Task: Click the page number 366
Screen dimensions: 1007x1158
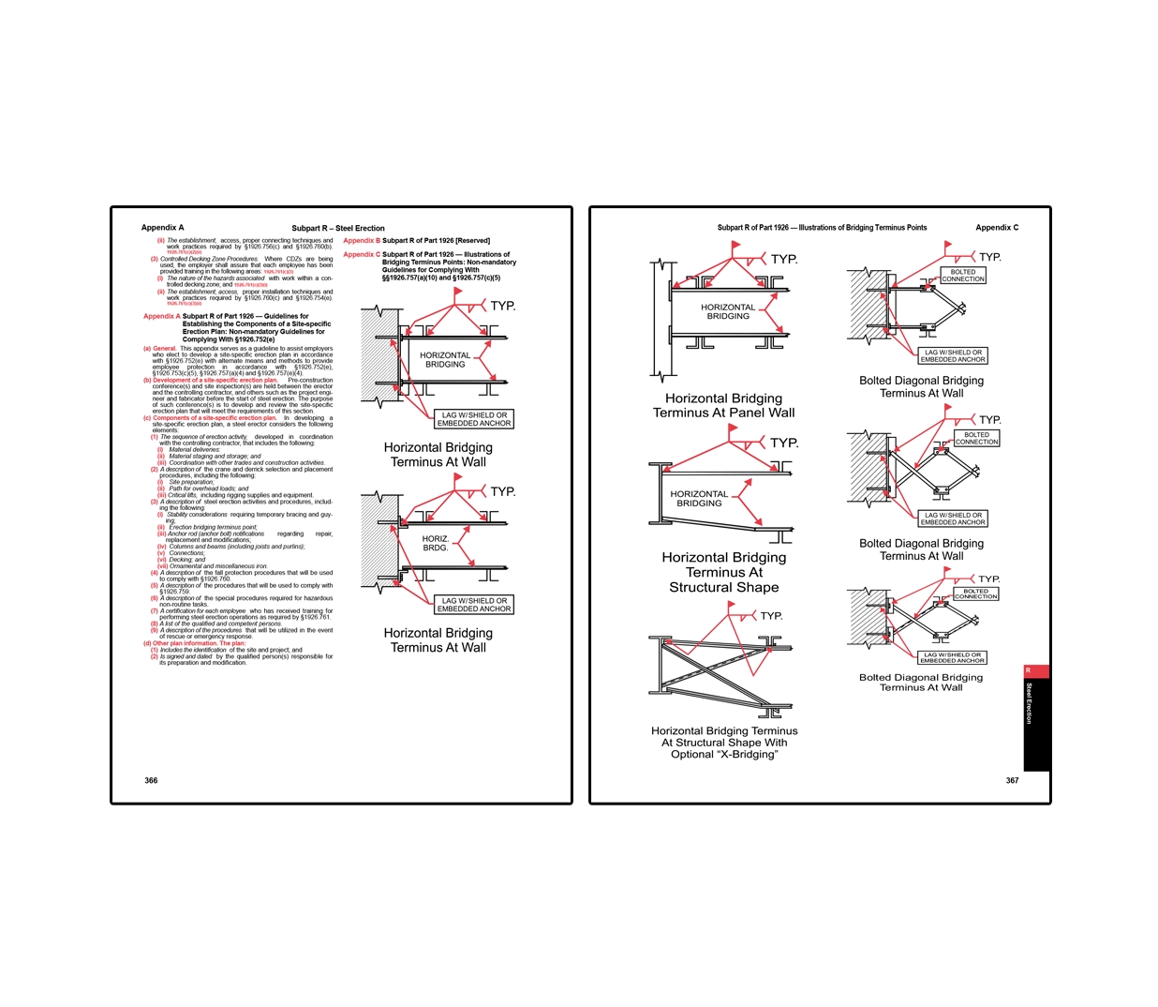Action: (151, 780)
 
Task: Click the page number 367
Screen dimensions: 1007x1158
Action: (1012, 780)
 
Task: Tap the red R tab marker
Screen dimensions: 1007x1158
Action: (1028, 670)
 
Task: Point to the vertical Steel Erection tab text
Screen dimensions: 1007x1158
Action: (1029, 702)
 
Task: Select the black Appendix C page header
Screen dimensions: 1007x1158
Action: (996, 228)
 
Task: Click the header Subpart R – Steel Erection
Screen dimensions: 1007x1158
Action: (337, 228)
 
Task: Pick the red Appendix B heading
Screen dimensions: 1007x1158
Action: (362, 241)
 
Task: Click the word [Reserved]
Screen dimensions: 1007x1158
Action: (472, 241)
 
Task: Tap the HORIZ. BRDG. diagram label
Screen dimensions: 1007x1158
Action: (436, 543)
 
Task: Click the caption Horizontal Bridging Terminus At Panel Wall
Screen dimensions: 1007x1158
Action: (723, 405)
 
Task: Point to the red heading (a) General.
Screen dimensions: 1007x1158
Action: (160, 349)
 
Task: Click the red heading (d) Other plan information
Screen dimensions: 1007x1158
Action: (194, 644)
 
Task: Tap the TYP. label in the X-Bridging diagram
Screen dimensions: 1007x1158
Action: (771, 616)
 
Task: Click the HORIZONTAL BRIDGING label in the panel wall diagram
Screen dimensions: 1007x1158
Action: (728, 311)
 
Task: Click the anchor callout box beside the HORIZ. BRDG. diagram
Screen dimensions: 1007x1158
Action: (474, 605)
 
